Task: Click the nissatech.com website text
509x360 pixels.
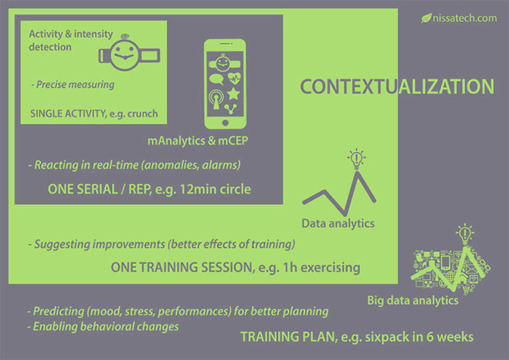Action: pos(464,18)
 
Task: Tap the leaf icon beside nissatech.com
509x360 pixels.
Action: pos(427,18)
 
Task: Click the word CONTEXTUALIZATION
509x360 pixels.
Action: pos(397,86)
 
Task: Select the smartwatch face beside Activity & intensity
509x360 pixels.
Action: pos(124,54)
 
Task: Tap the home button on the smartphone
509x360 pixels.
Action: pos(225,122)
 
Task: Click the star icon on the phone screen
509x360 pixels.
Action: pos(233,94)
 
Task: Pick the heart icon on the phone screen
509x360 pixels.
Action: pos(234,78)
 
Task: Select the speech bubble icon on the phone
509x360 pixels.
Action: pos(216,79)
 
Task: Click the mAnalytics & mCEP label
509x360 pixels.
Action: pos(198,141)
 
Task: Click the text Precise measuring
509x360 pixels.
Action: pos(75,85)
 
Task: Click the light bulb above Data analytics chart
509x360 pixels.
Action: pos(356,159)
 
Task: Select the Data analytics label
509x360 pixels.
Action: pos(338,223)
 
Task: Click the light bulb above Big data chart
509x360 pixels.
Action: pos(464,234)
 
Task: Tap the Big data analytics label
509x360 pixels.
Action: pos(413,300)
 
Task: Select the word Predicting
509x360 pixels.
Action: pos(58,311)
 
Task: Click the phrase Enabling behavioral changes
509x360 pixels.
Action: pos(106,326)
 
